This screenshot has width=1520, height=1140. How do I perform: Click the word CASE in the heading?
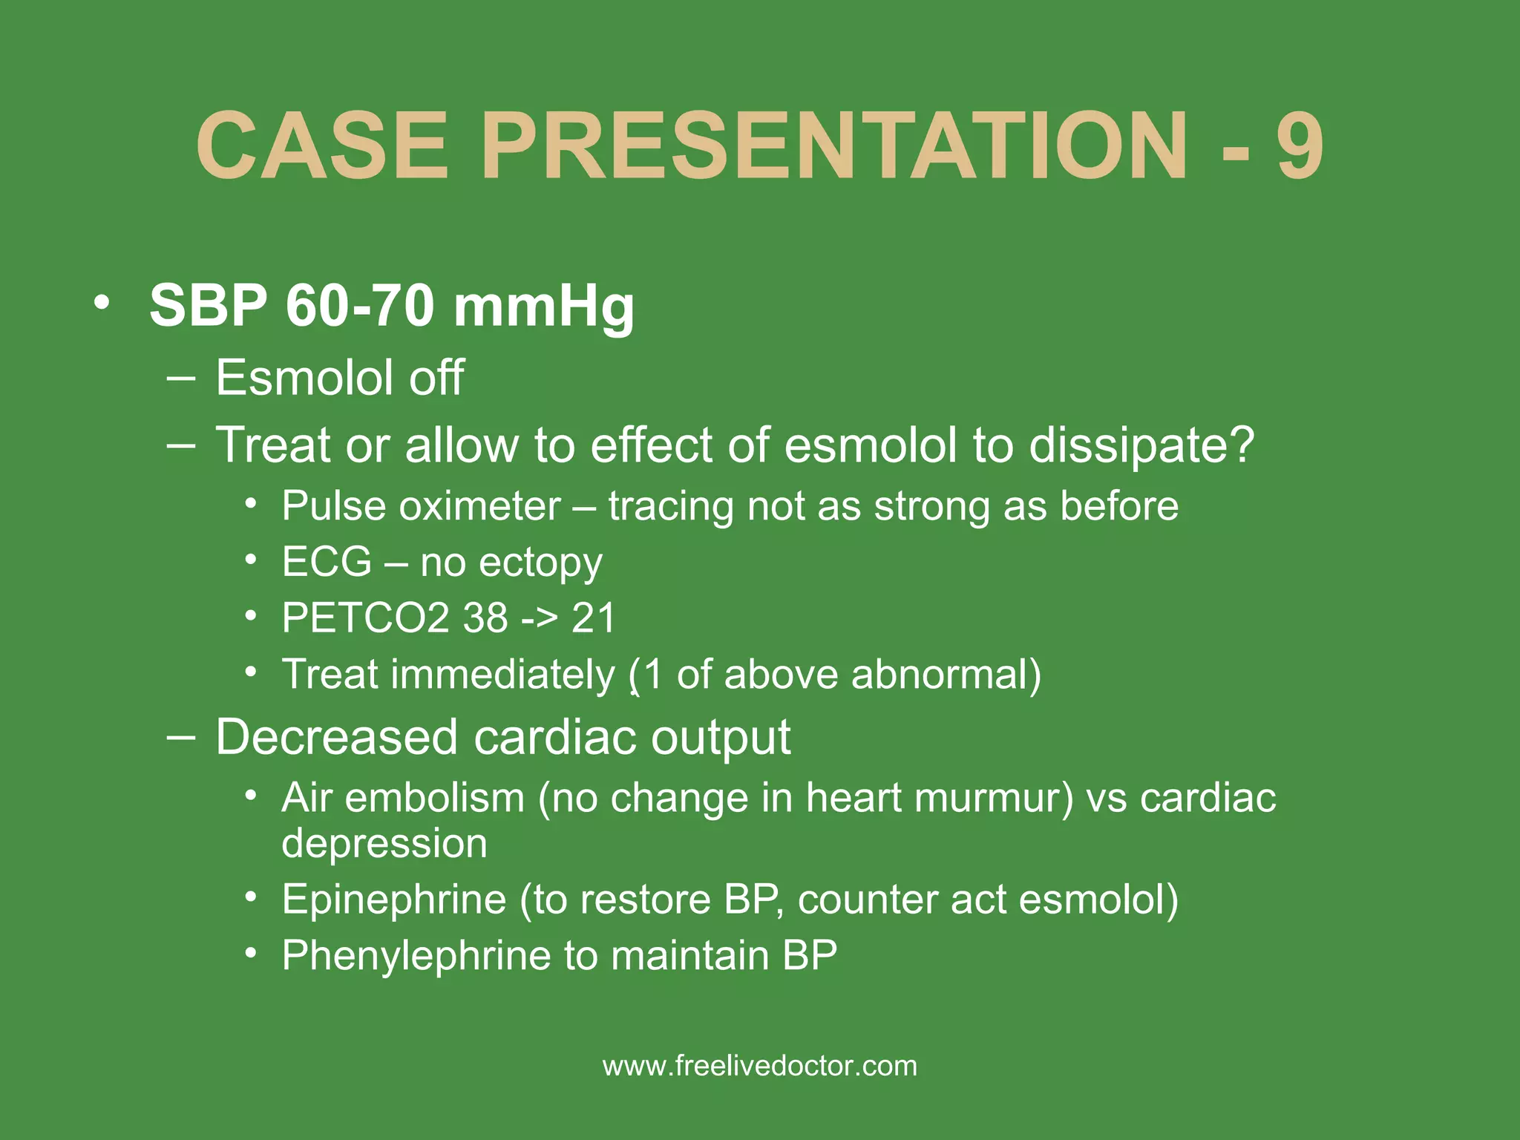click(x=322, y=145)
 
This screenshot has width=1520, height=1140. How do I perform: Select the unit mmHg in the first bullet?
click(x=544, y=306)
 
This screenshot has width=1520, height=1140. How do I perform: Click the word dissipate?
click(x=1141, y=446)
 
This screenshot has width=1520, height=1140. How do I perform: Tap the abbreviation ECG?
click(x=327, y=561)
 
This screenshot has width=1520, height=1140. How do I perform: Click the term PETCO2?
click(x=364, y=617)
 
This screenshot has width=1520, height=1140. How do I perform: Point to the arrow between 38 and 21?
click(x=539, y=618)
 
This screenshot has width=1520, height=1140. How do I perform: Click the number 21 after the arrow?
click(x=594, y=617)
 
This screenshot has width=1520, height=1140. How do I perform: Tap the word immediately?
click(x=502, y=675)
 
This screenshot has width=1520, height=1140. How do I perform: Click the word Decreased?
click(x=336, y=737)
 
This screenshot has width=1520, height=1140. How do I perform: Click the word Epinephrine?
click(x=393, y=900)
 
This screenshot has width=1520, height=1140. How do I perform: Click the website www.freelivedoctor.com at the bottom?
click(x=760, y=1066)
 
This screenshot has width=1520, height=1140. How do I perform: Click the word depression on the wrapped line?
click(x=384, y=845)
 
